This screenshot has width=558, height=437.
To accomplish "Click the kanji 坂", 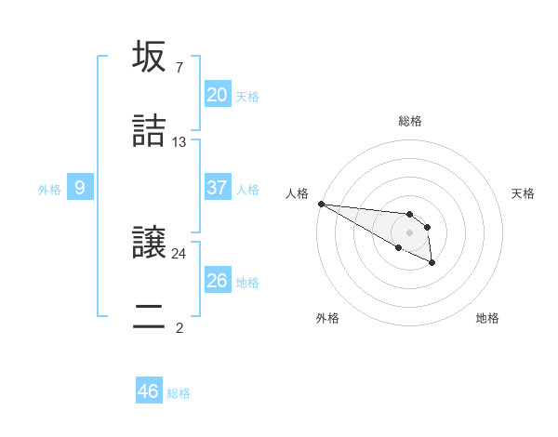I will pyautogui.click(x=149, y=57).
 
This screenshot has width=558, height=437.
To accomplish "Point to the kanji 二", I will pyautogui.click(x=149, y=317).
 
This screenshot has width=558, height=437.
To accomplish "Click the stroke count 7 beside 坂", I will pyautogui.click(x=179, y=67).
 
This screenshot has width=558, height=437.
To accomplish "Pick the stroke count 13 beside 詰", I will pyautogui.click(x=179, y=141).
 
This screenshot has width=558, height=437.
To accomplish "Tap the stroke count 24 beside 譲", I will pyautogui.click(x=179, y=252).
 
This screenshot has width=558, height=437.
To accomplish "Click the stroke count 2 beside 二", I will pyautogui.click(x=179, y=327).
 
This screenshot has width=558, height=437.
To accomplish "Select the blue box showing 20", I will pyautogui.click(x=217, y=95).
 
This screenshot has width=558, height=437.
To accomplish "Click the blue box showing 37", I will pyautogui.click(x=217, y=188).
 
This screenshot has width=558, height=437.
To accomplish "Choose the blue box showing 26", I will pyautogui.click(x=217, y=281).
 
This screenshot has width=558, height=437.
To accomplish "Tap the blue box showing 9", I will pyautogui.click(x=80, y=188).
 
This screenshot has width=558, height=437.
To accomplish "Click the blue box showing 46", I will pyautogui.click(x=148, y=391).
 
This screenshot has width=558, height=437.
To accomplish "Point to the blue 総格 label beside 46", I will pyautogui.click(x=179, y=393).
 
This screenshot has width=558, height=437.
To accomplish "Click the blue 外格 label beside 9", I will pyautogui.click(x=49, y=190).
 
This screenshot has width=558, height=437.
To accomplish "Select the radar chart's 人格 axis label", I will pyautogui.click(x=297, y=193).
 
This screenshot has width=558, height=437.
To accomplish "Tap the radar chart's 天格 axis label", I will pyautogui.click(x=523, y=193).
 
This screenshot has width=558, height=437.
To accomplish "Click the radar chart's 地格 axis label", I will pyautogui.click(x=487, y=318).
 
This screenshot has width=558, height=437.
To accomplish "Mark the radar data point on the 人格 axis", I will pyautogui.click(x=321, y=204).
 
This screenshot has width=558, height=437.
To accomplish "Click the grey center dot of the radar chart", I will pyautogui.click(x=409, y=232).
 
